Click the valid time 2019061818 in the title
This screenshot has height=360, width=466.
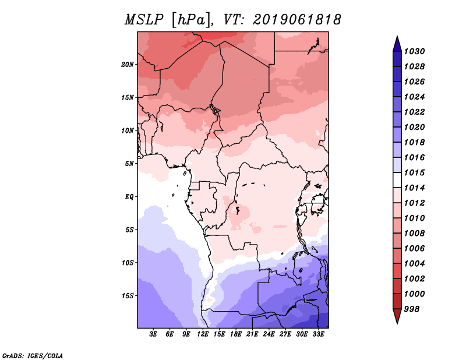296,20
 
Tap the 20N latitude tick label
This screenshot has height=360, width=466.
128,64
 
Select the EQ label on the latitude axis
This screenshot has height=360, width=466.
129,196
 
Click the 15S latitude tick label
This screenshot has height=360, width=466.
128,295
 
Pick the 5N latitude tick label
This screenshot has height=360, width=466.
129,164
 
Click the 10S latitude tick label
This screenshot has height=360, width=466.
128,263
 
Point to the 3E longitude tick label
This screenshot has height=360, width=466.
153,334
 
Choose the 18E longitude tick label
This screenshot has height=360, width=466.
236,334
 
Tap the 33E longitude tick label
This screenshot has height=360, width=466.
318,334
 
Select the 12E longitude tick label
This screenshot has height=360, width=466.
203,334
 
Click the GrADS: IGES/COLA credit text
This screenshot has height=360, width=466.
32,355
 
